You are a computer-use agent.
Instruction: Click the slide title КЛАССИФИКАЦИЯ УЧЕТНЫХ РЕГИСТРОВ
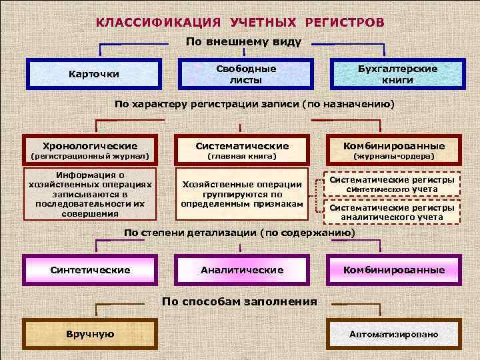click(x=240, y=22)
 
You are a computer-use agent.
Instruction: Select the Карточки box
click(x=94, y=73)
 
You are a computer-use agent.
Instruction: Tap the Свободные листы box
click(x=245, y=73)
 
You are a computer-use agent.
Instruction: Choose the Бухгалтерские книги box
click(x=397, y=73)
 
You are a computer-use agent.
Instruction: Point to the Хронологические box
click(x=90, y=145)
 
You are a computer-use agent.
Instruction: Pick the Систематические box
click(x=242, y=145)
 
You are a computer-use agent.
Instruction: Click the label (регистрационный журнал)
click(x=90, y=157)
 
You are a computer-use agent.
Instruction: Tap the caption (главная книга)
click(x=242, y=157)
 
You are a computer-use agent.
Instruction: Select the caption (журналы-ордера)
click(x=393, y=157)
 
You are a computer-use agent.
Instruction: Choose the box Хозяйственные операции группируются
click(x=242, y=193)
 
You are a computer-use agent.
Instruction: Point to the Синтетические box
click(x=90, y=270)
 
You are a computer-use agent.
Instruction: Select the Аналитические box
click(x=242, y=270)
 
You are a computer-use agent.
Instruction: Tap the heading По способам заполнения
click(x=239, y=301)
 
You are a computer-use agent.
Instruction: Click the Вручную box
click(x=90, y=334)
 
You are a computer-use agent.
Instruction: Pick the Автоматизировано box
click(x=393, y=334)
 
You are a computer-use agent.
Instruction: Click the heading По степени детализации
click(x=239, y=233)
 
